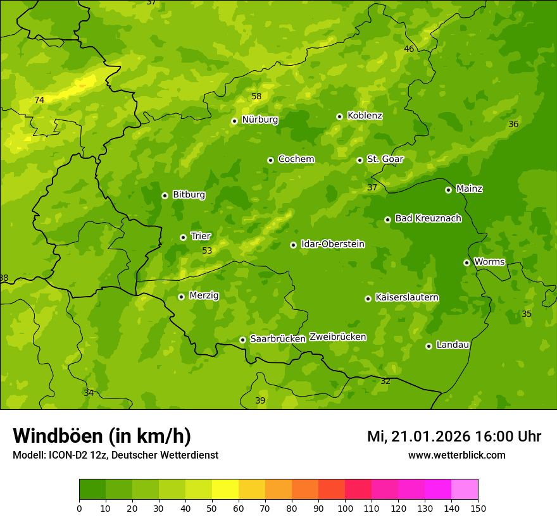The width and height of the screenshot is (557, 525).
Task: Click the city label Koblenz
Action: pos(365,116)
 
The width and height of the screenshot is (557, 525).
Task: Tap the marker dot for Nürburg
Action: pos(234,121)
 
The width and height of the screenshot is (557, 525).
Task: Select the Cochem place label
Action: pos(296,159)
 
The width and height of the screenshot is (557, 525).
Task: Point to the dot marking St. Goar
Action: pos(360,160)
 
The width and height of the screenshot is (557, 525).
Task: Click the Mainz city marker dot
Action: pos(448,190)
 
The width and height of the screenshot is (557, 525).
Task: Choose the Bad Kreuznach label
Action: pos(428,218)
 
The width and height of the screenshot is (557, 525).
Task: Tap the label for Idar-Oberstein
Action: pos(332,244)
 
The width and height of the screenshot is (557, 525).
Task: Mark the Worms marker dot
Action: pos(466,262)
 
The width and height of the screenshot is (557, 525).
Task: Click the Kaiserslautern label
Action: pos(407,297)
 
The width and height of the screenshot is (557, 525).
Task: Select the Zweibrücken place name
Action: pos(337,337)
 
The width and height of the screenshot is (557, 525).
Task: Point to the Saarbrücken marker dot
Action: pos(242,340)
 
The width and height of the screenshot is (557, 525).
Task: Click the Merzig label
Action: pos(204,295)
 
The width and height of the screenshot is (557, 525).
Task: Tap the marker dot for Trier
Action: pos(183,237)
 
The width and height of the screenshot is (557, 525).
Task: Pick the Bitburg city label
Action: pos(189,195)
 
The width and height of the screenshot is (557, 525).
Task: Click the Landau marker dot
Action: pos(429,346)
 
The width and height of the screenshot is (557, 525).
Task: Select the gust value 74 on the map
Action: pos(39,101)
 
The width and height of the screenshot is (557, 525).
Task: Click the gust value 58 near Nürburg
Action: pos(256,97)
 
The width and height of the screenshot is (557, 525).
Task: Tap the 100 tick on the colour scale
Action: pos(345,508)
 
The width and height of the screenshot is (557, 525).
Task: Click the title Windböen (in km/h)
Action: pos(102,436)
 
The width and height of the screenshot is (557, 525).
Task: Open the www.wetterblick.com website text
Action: pos(456,455)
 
